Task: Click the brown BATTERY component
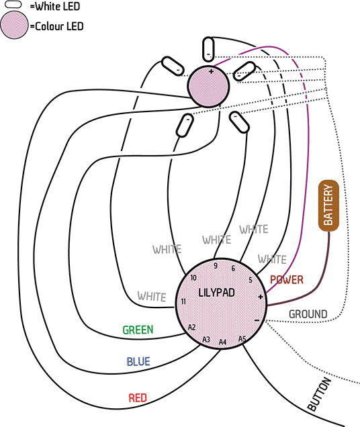tap(328, 205)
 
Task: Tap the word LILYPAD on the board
tap(217, 293)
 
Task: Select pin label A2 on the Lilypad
tap(192, 327)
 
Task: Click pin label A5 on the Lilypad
tap(242, 339)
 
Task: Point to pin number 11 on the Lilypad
tap(183, 301)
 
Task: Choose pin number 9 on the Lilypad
tap(216, 266)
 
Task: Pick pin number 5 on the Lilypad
tap(251, 280)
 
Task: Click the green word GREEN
tap(138, 330)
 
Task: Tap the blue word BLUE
tap(138, 361)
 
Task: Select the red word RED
tap(138, 398)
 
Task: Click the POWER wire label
tap(286, 280)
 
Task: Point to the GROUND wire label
tap(308, 314)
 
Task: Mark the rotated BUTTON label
tap(319, 394)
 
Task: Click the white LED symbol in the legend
tap(13, 4)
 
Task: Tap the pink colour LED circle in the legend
tap(14, 25)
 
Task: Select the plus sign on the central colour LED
tap(211, 72)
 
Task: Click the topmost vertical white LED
tap(208, 50)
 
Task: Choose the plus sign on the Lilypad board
tap(260, 297)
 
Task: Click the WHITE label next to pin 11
tap(152, 296)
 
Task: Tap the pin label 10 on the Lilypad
tap(193, 277)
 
